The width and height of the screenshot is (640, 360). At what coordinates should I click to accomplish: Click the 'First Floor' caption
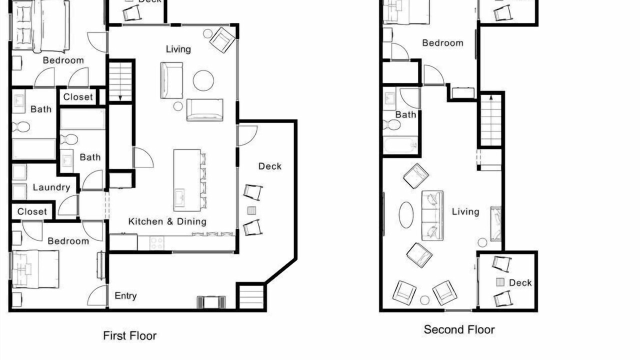[x=129, y=335]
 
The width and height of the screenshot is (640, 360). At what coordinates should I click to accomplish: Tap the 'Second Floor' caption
[x=459, y=329]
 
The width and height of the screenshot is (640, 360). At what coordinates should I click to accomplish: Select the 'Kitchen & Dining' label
[x=167, y=221]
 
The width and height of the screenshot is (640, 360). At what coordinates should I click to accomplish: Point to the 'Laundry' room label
[x=51, y=187]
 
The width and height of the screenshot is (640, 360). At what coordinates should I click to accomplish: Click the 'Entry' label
[x=125, y=295]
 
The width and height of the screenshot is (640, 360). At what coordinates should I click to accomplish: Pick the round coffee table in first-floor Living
[x=203, y=80]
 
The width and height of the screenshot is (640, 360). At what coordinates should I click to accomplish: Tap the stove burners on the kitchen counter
[x=157, y=243]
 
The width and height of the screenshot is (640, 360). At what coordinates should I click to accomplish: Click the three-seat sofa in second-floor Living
[x=432, y=215]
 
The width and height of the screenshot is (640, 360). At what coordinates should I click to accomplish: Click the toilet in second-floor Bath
[x=391, y=125]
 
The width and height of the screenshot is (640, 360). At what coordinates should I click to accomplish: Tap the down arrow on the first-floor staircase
[x=120, y=97]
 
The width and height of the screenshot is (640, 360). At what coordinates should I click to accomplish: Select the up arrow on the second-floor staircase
[x=491, y=98]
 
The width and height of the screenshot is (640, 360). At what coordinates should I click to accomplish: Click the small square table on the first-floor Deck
[x=251, y=211]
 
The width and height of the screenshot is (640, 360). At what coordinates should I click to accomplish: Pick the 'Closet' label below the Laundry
[x=32, y=211]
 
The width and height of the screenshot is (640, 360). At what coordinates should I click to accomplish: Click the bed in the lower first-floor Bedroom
[x=35, y=269]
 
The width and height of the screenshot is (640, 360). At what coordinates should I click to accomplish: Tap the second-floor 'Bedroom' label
[x=442, y=43]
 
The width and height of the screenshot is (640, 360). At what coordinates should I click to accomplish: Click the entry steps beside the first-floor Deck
[x=251, y=297]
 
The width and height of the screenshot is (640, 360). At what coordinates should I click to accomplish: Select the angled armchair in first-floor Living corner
[x=222, y=40]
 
